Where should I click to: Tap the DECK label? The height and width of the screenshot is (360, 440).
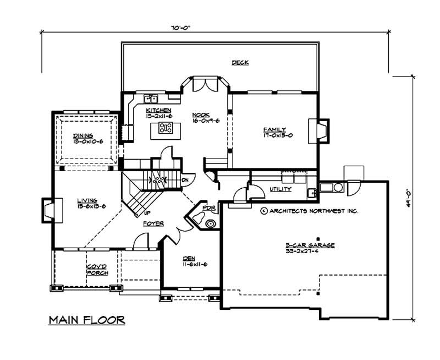(x=240, y=63)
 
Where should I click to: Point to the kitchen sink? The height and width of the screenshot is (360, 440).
(x=151, y=99)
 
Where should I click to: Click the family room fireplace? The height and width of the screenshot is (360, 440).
(x=320, y=129)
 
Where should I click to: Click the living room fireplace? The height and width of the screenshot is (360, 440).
(x=47, y=210)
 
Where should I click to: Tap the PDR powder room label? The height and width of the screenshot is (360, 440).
(x=208, y=208)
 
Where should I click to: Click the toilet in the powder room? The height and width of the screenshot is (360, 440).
(x=210, y=223)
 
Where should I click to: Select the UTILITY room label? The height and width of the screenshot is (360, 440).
(x=280, y=190)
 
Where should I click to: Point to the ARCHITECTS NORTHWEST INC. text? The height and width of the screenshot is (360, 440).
(x=310, y=211)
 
